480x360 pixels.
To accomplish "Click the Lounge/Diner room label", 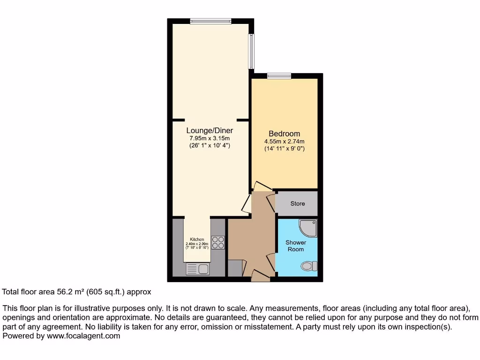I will tap(210, 131).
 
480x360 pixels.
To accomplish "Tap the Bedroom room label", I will tap(284, 134).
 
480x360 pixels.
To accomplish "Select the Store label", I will tap(297, 203).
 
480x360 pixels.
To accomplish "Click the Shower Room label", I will tap(296, 246).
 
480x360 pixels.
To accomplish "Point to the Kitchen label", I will tap(197, 240).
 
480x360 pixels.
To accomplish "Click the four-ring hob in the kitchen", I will tap(218, 242).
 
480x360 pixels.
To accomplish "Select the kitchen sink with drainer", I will tap(197, 269).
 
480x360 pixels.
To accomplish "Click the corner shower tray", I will tap(308, 227).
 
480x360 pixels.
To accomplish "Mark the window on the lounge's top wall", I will tap(210, 21).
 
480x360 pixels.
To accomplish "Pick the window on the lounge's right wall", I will tap(251, 52).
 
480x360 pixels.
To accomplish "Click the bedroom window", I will tap(279, 76).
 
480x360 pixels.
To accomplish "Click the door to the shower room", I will tap(271, 262).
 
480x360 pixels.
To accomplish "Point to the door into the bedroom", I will tap(262, 187).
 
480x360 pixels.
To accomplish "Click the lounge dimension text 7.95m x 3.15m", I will tap(210, 139).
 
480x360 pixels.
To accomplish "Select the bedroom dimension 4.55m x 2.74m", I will tap(284, 142).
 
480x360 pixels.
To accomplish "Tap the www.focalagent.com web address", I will tap(82, 336).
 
